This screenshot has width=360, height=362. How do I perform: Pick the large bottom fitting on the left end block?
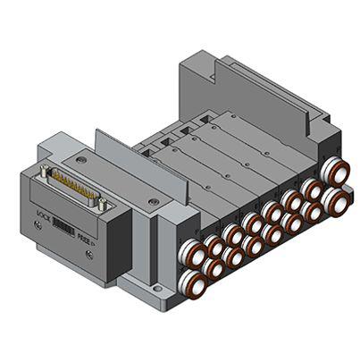pos(191,284)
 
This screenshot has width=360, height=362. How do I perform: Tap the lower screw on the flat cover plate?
pos(154,202)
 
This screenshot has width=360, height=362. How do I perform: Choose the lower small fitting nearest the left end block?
pos(213,267)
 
